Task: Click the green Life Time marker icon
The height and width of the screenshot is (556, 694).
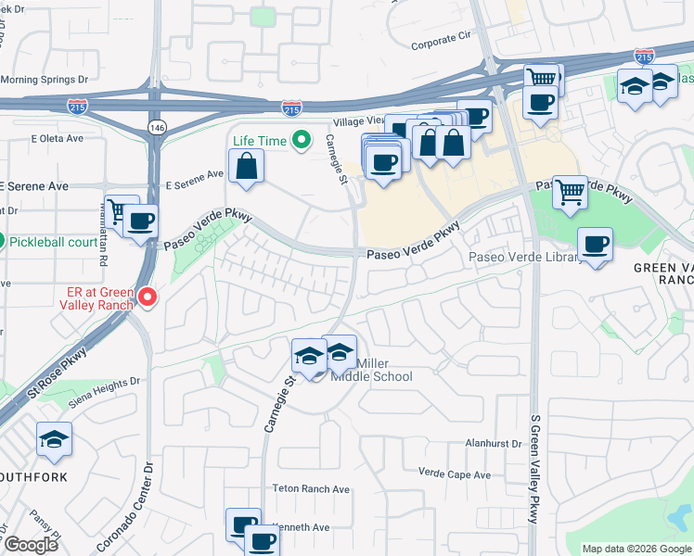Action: [x=301, y=141]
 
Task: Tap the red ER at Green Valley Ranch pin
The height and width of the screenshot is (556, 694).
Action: [x=148, y=297]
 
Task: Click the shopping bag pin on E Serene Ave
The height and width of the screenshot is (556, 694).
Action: [x=247, y=167]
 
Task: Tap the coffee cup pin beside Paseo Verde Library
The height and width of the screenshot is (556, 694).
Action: [x=595, y=246]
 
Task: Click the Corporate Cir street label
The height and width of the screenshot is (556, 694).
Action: [x=441, y=43]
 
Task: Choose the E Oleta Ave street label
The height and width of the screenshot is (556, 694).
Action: [x=57, y=138]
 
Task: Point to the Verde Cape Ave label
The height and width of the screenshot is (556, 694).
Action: [x=455, y=474]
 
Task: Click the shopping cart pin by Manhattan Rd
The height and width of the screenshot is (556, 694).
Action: [x=122, y=211]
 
